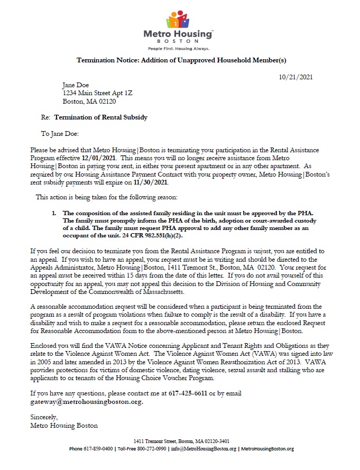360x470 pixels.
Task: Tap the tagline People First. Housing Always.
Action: (x=179, y=48)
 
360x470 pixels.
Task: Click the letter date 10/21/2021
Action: (x=296, y=77)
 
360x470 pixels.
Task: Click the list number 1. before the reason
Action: (x=54, y=197)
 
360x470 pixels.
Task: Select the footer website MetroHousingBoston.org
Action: (x=267, y=449)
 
